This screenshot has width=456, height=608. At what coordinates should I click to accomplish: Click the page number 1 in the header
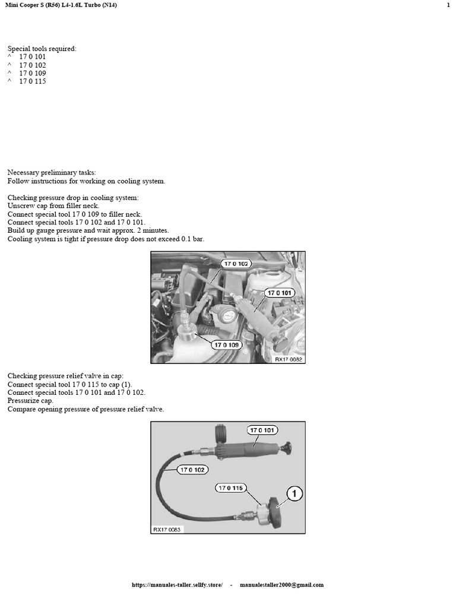(448, 5)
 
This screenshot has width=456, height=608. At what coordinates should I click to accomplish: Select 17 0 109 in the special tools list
(32, 73)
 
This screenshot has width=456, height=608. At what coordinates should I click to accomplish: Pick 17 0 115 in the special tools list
(32, 81)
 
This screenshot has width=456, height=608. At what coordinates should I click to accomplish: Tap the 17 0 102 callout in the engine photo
(236, 263)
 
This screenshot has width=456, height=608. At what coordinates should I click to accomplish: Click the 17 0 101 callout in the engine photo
(280, 293)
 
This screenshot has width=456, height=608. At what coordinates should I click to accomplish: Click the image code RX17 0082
(289, 359)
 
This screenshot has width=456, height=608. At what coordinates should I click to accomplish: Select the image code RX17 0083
(167, 528)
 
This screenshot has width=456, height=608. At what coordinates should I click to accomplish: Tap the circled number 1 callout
(292, 493)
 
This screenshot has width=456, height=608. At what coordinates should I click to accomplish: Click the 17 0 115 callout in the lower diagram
(232, 488)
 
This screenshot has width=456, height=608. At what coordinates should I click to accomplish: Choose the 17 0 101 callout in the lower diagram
(262, 430)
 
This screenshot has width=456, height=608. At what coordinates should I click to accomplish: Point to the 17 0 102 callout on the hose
(194, 470)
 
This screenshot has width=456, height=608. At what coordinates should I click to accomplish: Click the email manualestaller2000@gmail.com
(281, 585)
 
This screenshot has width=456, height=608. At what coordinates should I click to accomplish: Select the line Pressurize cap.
(29, 401)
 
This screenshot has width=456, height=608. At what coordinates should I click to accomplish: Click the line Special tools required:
(42, 48)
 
